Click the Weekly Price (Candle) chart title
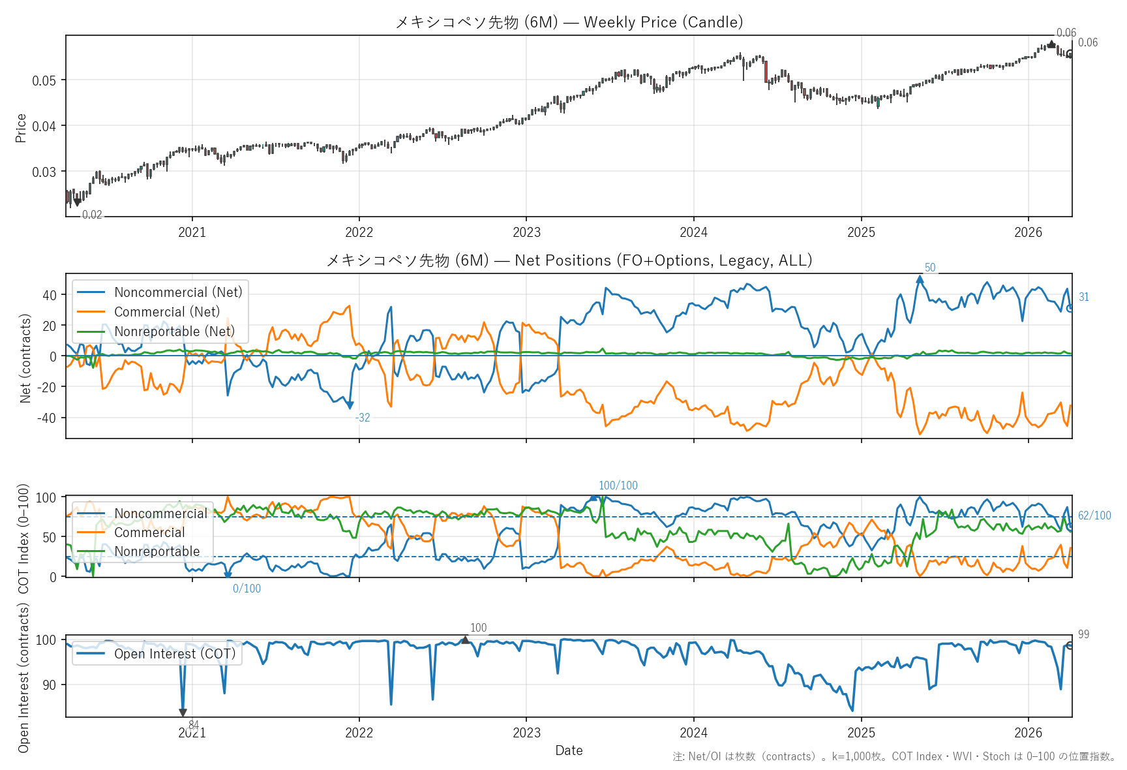pyautogui.click(x=569, y=22)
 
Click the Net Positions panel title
pyautogui.click(x=569, y=260)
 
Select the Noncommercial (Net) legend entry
pyautogui.click(x=178, y=292)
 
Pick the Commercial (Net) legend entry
pyautogui.click(x=167, y=312)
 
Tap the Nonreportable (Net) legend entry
pyautogui.click(x=174, y=331)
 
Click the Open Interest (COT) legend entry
pyautogui.click(x=174, y=654)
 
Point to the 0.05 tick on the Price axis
pyautogui.click(x=44, y=80)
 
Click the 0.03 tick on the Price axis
pyautogui.click(x=44, y=172)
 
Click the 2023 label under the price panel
pyautogui.click(x=526, y=232)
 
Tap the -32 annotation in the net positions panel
pyautogui.click(x=363, y=418)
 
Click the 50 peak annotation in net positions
pyautogui.click(x=930, y=268)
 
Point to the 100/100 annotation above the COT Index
pyautogui.click(x=618, y=485)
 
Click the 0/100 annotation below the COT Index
pyautogui.click(x=247, y=589)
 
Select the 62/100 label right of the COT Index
pyautogui.click(x=1094, y=516)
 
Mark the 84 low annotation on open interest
pyautogui.click(x=194, y=724)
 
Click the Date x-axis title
pyautogui.click(x=569, y=750)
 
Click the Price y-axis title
pyautogui.click(x=21, y=127)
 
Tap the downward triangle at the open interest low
pyautogui.click(x=183, y=713)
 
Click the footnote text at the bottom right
pyautogui.click(x=894, y=756)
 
